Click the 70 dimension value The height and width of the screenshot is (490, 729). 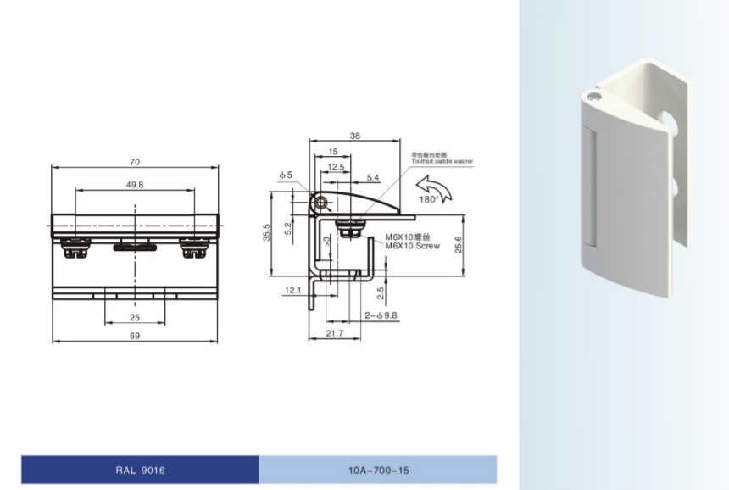(136, 162)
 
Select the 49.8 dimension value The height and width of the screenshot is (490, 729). (134, 184)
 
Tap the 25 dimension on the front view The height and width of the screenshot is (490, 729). (135, 318)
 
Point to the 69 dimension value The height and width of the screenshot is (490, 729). (135, 337)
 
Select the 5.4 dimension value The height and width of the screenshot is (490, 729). (373, 177)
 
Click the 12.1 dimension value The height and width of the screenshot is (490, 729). (293, 290)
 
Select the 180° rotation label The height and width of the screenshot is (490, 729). (429, 199)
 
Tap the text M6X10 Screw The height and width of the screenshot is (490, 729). (412, 246)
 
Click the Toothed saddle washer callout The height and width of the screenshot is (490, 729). (442, 160)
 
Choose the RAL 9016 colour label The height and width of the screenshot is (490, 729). (141, 470)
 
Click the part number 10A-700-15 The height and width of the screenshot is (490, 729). (378, 470)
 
